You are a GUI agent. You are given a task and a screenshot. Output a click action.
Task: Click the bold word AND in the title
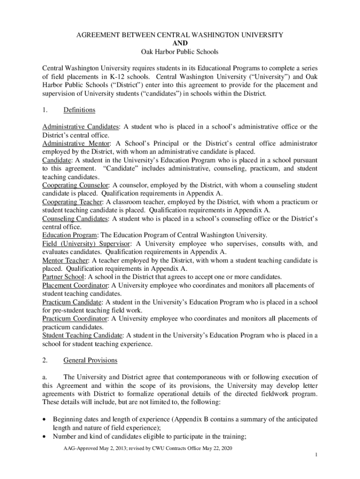180,43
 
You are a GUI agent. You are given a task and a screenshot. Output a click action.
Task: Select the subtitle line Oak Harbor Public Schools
180,51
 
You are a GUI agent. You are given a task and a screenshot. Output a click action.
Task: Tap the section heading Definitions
79,110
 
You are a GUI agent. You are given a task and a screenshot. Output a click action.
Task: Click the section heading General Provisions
90,361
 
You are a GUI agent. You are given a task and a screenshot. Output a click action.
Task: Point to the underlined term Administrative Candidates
80,127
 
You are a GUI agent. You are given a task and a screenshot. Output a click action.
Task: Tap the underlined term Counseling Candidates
75,218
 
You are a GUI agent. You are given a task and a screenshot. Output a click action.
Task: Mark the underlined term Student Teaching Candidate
83,335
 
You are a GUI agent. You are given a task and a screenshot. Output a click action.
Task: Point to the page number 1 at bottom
317,455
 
